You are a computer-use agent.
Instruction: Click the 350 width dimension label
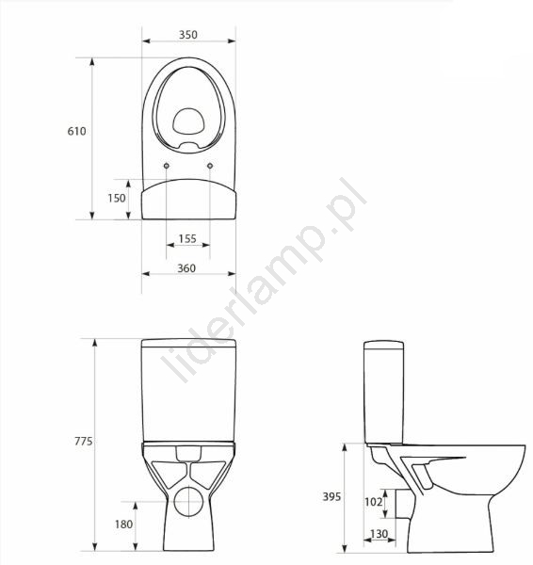click(188, 35)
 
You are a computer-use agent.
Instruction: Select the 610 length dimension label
click(77, 131)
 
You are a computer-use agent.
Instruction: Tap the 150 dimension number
click(117, 198)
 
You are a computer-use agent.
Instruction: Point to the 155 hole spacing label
click(187, 238)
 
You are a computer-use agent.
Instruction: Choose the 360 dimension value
click(186, 268)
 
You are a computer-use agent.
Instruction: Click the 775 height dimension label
click(84, 441)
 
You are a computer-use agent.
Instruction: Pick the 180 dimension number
click(124, 524)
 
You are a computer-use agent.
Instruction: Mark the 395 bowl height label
click(331, 497)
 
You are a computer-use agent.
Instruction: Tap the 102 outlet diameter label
click(373, 502)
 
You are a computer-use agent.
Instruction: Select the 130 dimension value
click(380, 534)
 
